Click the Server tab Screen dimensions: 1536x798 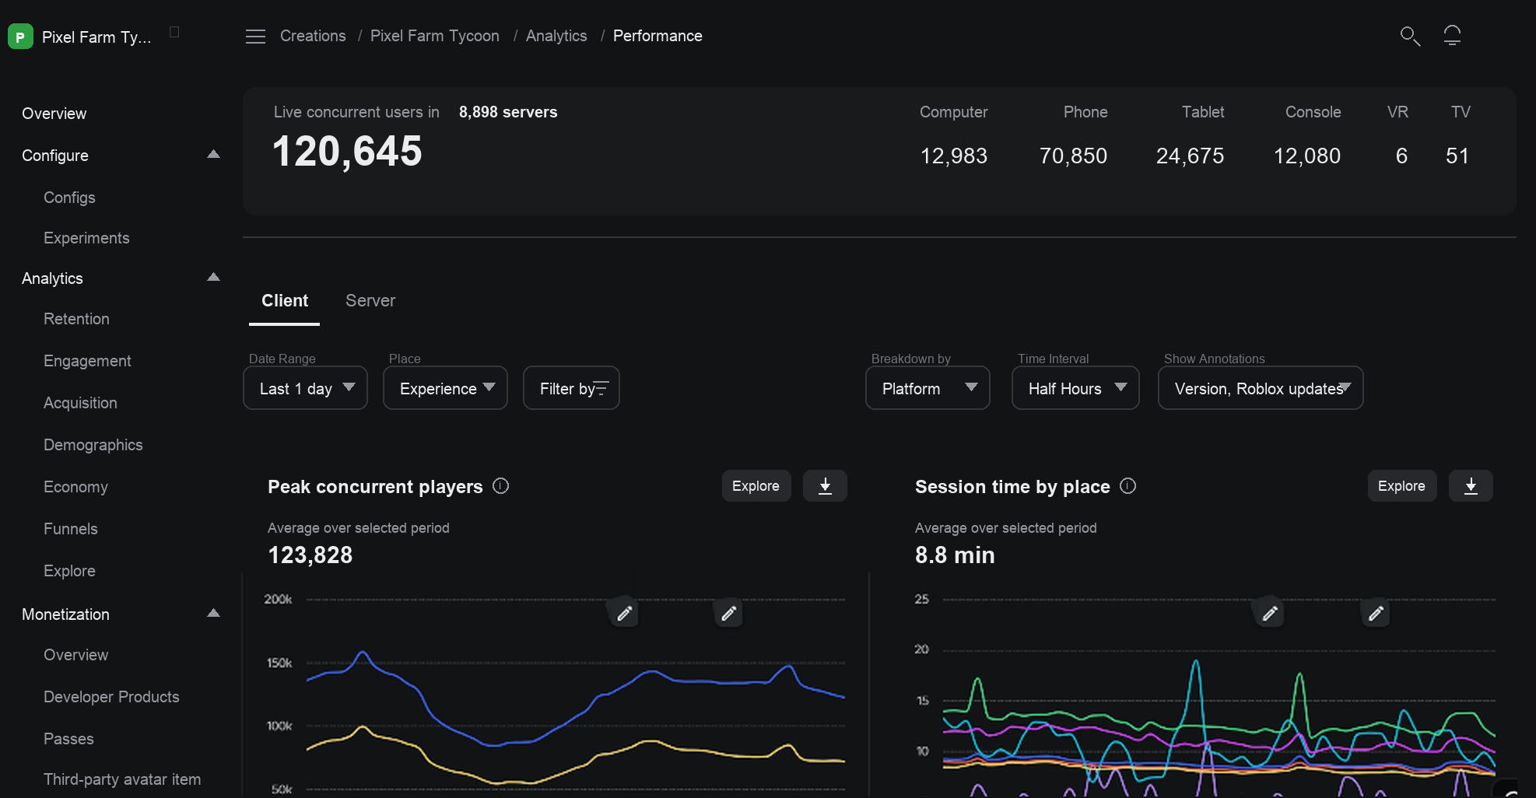coord(370,301)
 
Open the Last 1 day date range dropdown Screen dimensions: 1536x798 coord(306,388)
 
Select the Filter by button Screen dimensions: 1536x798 coord(571,388)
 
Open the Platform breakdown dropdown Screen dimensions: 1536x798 coord(928,388)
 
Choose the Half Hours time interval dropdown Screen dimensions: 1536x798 coord(1075,388)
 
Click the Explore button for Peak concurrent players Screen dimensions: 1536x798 coord(756,486)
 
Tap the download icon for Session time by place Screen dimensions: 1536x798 coord(1471,486)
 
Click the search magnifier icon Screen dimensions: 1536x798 coord(1410,36)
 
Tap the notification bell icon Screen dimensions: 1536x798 coord(1452,36)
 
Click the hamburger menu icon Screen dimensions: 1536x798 coord(256,37)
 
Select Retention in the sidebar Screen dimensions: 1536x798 coord(76,319)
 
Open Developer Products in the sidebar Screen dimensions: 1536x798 coord(111,697)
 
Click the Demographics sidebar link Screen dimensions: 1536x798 coord(93,445)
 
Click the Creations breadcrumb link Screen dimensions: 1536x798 coord(313,36)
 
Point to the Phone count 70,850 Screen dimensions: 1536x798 coord(1073,156)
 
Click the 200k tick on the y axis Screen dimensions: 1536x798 coord(278,600)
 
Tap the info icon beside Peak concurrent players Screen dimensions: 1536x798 coord(501,486)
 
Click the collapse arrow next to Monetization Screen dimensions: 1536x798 coord(213,614)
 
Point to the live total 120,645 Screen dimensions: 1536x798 coord(347,152)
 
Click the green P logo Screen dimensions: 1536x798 coord(20,37)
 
